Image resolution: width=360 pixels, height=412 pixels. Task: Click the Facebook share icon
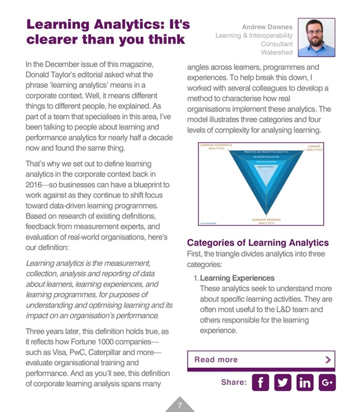coord(260,382)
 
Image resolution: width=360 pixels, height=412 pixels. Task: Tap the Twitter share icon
coord(283,382)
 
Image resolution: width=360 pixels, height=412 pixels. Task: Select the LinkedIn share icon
coord(305,382)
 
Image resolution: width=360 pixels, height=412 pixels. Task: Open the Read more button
coord(261,360)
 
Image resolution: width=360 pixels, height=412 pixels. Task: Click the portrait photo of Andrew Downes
coord(316,38)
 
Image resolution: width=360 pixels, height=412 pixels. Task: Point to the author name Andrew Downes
coord(267,27)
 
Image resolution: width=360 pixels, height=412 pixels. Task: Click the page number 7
coord(180,406)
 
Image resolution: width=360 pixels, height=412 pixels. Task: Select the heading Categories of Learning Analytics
coord(258,243)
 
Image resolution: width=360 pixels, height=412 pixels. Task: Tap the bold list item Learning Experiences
coord(237,278)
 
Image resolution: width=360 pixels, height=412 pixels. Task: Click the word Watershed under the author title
coord(276,52)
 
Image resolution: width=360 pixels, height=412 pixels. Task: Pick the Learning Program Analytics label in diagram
coord(266,221)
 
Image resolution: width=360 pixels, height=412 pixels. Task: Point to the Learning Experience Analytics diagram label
coord(216,147)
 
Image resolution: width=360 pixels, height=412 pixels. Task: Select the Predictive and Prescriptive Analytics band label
coord(266,152)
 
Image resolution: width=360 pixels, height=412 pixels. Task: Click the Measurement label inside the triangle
coord(266,167)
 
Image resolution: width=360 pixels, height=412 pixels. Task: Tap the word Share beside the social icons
coord(234,382)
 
